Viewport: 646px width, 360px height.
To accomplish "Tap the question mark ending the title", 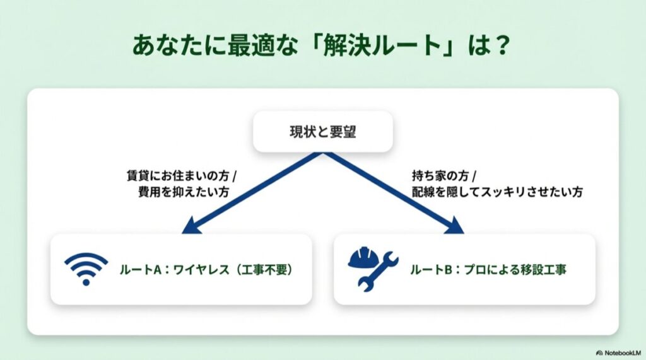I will pos(501,47).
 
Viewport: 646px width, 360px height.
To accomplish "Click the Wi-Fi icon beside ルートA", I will pos(86,269).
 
